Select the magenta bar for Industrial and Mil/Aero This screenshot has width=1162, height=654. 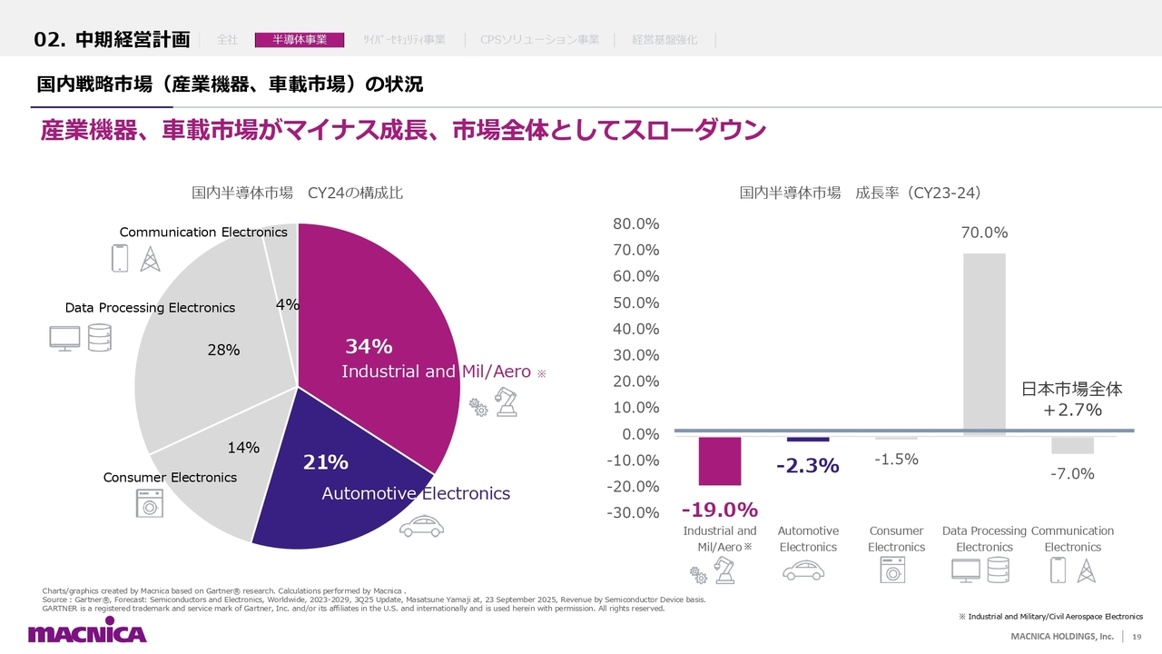point(720,461)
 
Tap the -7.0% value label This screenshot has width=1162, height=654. point(1073,473)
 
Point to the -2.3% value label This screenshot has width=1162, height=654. point(807,466)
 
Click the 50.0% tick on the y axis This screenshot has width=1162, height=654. point(635,302)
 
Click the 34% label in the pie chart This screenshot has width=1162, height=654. point(369,346)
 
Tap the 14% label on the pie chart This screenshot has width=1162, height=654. point(243,448)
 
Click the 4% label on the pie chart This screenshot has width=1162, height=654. point(288,305)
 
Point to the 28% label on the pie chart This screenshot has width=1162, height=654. point(223,350)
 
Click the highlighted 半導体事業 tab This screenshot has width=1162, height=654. point(300,40)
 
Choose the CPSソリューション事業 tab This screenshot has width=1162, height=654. point(539,40)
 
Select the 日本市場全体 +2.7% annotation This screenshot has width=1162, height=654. point(1072,400)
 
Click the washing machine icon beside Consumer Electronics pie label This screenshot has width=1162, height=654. point(149,503)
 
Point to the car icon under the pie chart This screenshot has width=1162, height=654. point(422,527)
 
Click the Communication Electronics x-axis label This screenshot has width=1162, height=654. point(1072,539)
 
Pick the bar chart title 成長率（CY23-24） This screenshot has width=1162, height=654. point(860,193)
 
